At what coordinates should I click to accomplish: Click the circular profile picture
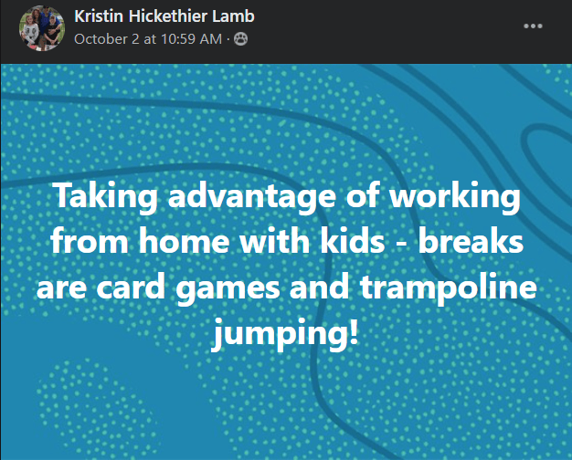click(x=42, y=28)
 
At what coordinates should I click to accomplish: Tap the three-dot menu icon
click(x=533, y=26)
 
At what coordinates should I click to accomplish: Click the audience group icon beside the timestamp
click(x=240, y=38)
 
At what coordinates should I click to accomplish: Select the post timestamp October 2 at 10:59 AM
click(x=148, y=39)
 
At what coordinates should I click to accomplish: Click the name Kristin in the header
click(x=99, y=16)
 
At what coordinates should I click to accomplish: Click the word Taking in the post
click(x=105, y=197)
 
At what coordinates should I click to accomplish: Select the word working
click(x=455, y=197)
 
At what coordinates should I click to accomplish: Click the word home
click(x=185, y=240)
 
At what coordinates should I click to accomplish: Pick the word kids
click(x=353, y=240)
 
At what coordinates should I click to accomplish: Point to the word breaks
click(x=471, y=240)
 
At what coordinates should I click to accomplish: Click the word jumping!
click(x=285, y=333)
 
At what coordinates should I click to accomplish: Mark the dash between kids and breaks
click(x=402, y=243)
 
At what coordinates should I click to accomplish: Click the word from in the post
click(x=90, y=240)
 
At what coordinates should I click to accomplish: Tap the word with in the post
click(x=275, y=240)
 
